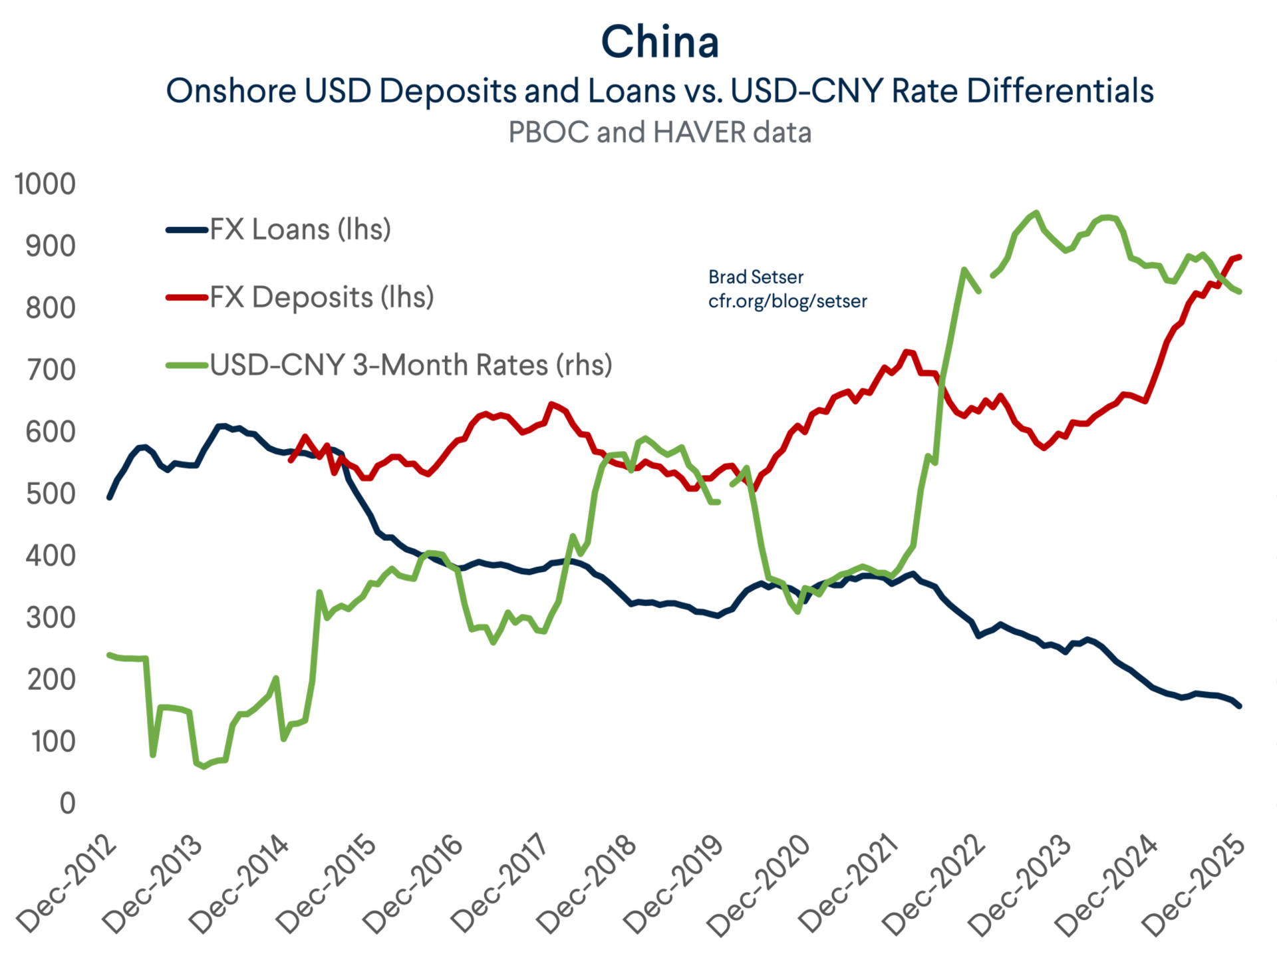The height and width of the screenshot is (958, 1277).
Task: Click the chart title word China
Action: point(660,42)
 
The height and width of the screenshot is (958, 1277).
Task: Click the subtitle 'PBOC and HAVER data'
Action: point(660,132)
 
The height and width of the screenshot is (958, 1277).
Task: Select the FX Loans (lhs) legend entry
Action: point(300,230)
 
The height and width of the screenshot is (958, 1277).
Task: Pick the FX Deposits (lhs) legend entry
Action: point(321,297)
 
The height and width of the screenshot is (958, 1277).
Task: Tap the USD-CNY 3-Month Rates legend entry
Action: point(410,365)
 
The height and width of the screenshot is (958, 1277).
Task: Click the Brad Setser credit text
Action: point(756,277)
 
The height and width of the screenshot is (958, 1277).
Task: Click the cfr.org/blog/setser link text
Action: point(787,301)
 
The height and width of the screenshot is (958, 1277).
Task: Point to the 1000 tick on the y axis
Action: point(45,184)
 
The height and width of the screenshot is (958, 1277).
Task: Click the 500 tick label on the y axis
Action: point(51,494)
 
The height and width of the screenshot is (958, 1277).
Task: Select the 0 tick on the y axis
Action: point(67,804)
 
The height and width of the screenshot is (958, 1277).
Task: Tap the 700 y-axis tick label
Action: point(51,370)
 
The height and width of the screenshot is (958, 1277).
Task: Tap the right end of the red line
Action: point(1240,257)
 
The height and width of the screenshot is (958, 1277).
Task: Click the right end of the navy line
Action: point(1240,707)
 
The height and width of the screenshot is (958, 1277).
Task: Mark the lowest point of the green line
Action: point(204,767)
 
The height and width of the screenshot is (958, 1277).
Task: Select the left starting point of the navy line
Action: point(110,498)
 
